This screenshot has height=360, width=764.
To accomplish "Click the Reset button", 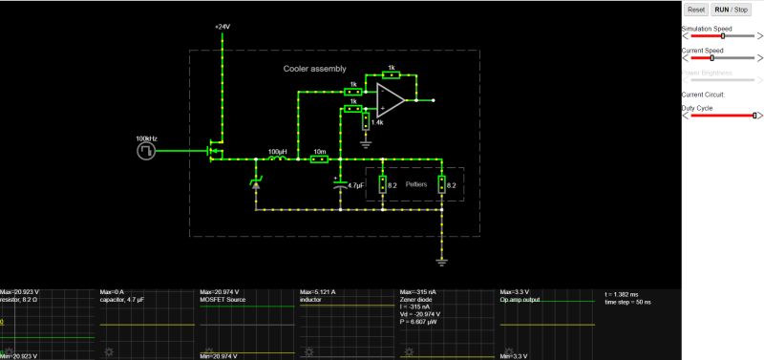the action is [696, 9].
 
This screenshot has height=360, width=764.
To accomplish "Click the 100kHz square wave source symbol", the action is [145, 150].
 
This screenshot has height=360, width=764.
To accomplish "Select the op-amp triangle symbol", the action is [390, 97].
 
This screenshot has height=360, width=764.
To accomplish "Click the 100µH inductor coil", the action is [277, 159].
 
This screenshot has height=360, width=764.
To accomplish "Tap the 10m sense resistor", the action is [320, 159].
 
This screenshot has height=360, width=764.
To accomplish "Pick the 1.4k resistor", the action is [366, 117].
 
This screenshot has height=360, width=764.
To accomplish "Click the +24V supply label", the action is [223, 27].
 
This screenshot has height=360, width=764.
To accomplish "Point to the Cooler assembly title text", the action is [315, 69].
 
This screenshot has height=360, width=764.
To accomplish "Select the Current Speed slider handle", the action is [712, 58].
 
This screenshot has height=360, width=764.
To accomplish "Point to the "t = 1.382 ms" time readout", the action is [626, 294].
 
